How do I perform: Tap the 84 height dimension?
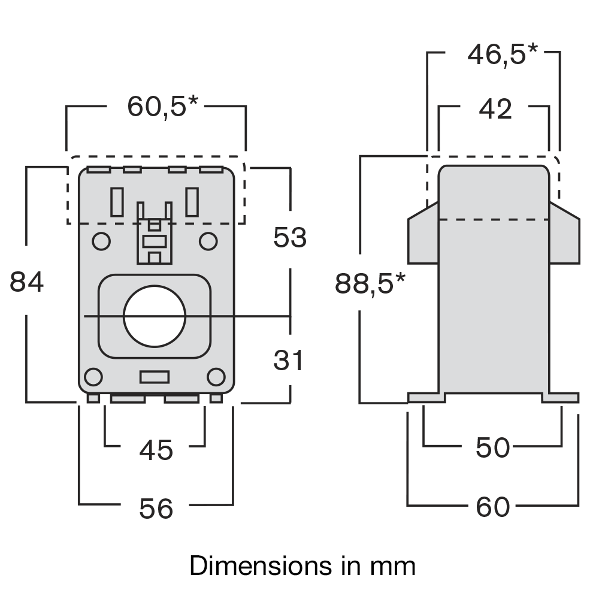pos(27,282)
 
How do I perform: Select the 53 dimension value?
pos(290,238)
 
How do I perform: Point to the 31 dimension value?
pos(289,361)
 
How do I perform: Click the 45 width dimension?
pos(156,450)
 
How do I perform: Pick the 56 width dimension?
pos(156,509)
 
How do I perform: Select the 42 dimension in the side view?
pos(496,110)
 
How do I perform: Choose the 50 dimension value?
pos(493,447)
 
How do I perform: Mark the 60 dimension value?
pos(493,507)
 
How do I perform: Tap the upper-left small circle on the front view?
pos(101,241)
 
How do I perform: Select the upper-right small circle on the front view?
pos(208,241)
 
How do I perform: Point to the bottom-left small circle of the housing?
pos(93,377)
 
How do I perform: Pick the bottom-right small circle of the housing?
pos(216,377)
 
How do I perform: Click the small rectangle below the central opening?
pos(155,377)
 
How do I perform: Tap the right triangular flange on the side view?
pos(564,235)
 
